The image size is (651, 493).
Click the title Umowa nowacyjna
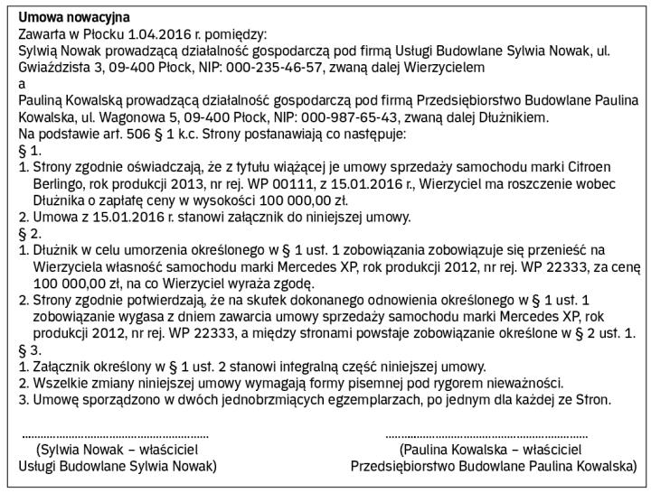(x=73, y=17)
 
